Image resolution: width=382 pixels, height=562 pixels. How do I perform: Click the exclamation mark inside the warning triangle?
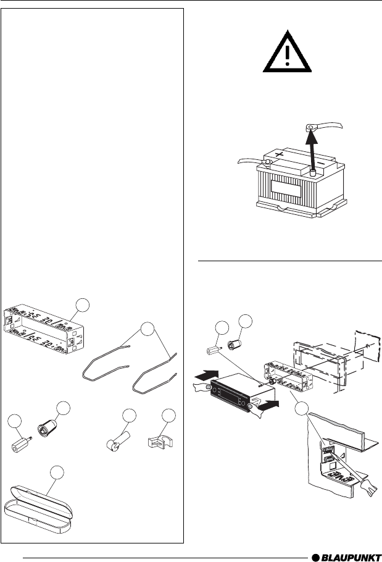[x=287, y=55]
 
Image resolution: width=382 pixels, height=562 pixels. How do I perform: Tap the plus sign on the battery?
[x=280, y=155]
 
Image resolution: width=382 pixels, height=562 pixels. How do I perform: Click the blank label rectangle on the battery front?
[x=286, y=188]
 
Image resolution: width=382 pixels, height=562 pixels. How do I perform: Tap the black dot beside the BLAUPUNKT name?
[x=315, y=558]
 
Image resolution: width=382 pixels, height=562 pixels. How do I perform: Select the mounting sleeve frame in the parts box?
[x=43, y=329]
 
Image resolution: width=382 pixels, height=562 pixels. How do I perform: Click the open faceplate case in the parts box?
[x=38, y=509]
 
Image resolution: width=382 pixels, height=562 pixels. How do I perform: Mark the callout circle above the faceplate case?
[x=57, y=472]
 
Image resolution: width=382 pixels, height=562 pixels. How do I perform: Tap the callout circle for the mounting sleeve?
[x=82, y=305]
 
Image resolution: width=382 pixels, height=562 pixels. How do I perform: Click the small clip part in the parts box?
[x=160, y=442]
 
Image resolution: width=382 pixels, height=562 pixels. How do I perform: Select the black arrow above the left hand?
[x=207, y=376]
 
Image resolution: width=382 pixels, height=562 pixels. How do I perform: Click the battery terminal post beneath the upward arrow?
[x=313, y=173]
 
